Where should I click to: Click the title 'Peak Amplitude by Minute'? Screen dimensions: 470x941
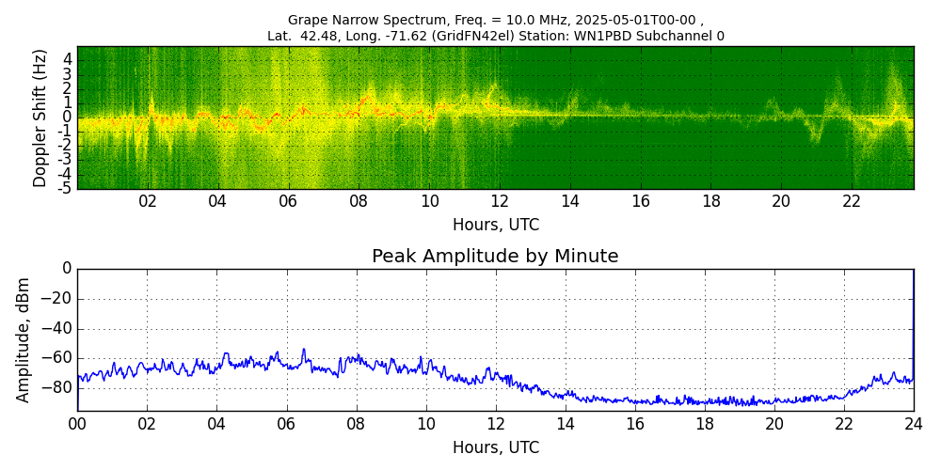[x=495, y=257]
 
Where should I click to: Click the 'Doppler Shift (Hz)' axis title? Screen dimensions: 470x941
[x=40, y=118]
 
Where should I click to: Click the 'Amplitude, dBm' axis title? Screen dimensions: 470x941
[x=24, y=339]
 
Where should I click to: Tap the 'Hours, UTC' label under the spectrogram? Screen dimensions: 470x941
[x=495, y=226]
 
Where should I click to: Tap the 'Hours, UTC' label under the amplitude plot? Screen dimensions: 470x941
[x=495, y=447]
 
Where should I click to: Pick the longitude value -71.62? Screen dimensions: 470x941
[x=408, y=37]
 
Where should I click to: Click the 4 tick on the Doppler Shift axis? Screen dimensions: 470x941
[x=68, y=59]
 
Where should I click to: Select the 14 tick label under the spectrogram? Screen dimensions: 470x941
[x=570, y=201]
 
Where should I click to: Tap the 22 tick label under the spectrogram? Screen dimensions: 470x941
[x=852, y=201]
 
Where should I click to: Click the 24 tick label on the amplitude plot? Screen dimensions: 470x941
[x=913, y=424]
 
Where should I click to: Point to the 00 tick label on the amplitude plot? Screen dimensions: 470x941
[x=77, y=424]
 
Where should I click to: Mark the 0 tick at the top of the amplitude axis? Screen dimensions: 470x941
[x=66, y=269]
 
